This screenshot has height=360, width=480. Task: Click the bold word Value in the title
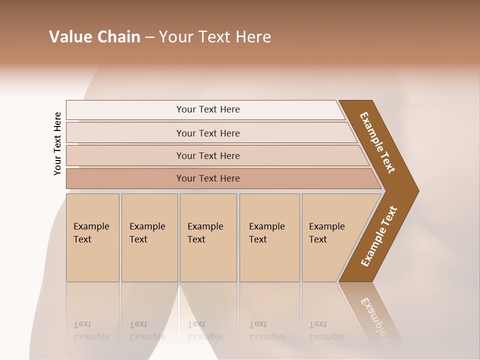pos(70,37)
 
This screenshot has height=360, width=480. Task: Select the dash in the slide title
pos(149,37)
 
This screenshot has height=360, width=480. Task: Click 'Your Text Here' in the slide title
pos(215,37)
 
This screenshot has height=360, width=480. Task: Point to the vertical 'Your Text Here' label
pos(57,144)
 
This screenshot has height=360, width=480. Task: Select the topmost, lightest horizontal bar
pos(207,109)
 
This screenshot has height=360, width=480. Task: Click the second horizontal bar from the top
pos(207,133)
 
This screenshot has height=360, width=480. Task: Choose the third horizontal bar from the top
pos(207,155)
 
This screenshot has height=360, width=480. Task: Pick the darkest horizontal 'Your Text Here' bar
pos(207,178)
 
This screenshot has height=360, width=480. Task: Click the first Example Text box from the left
pos(92,237)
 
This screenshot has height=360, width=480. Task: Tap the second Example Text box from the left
pos(149,237)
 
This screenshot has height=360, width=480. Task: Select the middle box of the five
pos(208,237)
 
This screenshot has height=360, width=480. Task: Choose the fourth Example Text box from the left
pos(269,237)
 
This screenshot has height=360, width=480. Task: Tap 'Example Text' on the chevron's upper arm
pos(377,142)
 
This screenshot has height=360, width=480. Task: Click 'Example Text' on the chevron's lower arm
pos(379,236)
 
